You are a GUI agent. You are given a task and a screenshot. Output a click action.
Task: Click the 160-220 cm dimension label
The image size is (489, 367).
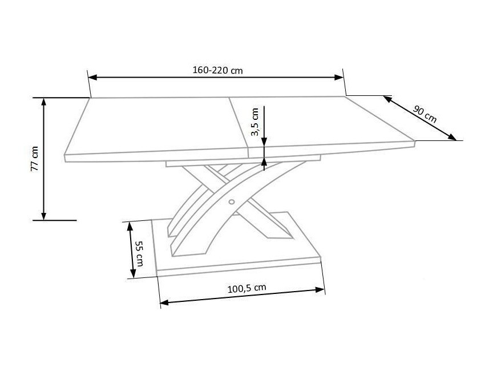217,70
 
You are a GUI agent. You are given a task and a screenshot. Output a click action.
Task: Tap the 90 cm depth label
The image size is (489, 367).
425,114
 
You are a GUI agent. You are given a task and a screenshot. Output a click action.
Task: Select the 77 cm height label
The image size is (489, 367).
34,159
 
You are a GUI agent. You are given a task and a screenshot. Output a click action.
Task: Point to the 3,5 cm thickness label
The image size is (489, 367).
255,122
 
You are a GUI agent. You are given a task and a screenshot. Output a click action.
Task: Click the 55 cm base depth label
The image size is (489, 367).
139,253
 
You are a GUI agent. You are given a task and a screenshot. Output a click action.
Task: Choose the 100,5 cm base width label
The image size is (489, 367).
246,288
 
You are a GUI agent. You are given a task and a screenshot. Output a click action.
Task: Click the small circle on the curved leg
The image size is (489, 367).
232,201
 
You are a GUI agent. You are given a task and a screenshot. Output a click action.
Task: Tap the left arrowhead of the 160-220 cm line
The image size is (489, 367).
93,77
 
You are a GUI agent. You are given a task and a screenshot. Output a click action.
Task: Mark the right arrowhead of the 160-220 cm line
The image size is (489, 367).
339,78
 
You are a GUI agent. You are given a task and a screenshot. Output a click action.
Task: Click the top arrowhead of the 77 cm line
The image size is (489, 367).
44,102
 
